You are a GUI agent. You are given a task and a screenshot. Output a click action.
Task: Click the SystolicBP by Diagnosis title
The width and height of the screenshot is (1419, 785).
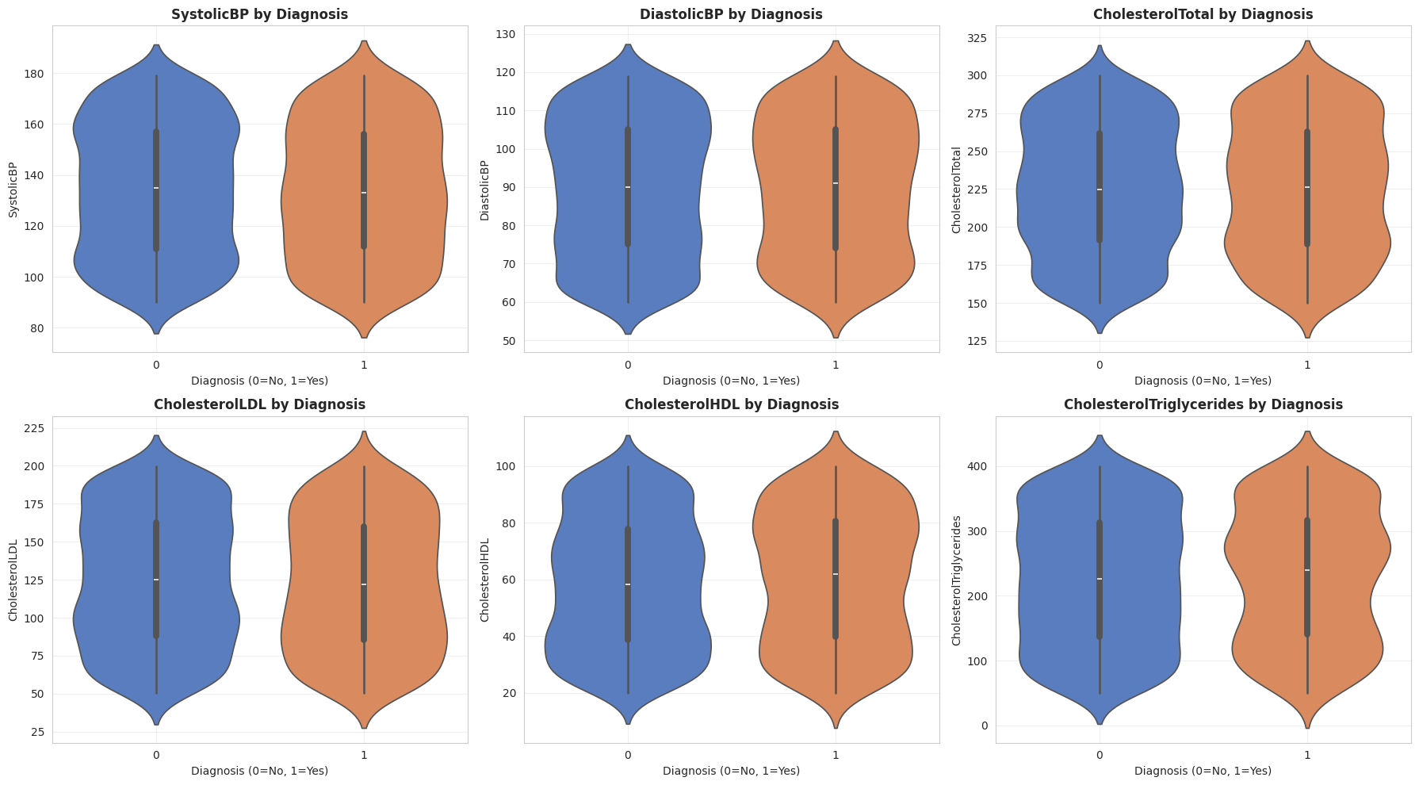pyautogui.click(x=260, y=14)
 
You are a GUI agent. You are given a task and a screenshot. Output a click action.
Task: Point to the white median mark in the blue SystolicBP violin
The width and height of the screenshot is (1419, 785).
pyautogui.click(x=156, y=188)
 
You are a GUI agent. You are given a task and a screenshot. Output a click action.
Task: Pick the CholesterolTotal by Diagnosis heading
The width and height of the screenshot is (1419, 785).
pyautogui.click(x=1203, y=14)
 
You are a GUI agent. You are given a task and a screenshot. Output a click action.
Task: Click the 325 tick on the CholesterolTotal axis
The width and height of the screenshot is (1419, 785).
pyautogui.click(x=977, y=38)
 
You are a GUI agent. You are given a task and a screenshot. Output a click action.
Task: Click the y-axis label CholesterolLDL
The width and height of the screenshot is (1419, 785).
pyautogui.click(x=13, y=580)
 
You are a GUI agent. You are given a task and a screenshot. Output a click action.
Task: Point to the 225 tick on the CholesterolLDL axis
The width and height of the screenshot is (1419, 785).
pyautogui.click(x=36, y=428)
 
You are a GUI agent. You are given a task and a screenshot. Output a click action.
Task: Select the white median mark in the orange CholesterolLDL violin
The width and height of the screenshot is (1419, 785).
pyautogui.click(x=364, y=584)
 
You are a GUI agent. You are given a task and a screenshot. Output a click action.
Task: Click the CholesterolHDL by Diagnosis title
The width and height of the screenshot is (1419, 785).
pyautogui.click(x=731, y=404)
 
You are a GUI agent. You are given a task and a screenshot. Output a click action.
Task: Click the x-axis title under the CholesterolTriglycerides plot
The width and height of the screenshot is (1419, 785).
pyautogui.click(x=1203, y=771)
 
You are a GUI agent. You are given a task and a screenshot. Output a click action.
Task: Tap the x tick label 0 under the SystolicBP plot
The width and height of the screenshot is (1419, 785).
pyautogui.click(x=156, y=365)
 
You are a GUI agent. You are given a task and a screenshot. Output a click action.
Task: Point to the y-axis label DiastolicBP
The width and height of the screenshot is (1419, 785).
pyautogui.click(x=485, y=190)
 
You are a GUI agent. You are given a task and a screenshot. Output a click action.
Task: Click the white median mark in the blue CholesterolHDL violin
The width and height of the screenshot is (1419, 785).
pyautogui.click(x=628, y=584)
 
